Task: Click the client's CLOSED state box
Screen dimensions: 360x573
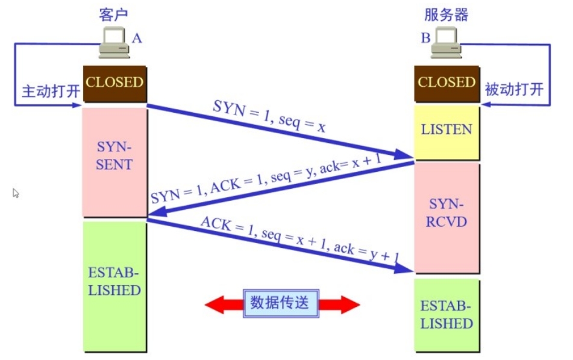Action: tap(114, 83)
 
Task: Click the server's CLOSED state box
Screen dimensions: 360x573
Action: tap(446, 83)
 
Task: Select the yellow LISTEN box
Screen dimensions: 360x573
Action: tap(446, 130)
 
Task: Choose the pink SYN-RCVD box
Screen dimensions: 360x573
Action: tap(446, 214)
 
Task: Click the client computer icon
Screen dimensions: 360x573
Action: tap(114, 46)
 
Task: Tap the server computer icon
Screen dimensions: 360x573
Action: tap(446, 46)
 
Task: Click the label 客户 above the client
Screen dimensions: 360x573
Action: tap(114, 15)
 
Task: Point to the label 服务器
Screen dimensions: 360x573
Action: tap(446, 15)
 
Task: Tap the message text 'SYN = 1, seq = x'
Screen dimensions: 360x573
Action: tap(269, 115)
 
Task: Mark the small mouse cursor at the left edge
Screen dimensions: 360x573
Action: tap(16, 193)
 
